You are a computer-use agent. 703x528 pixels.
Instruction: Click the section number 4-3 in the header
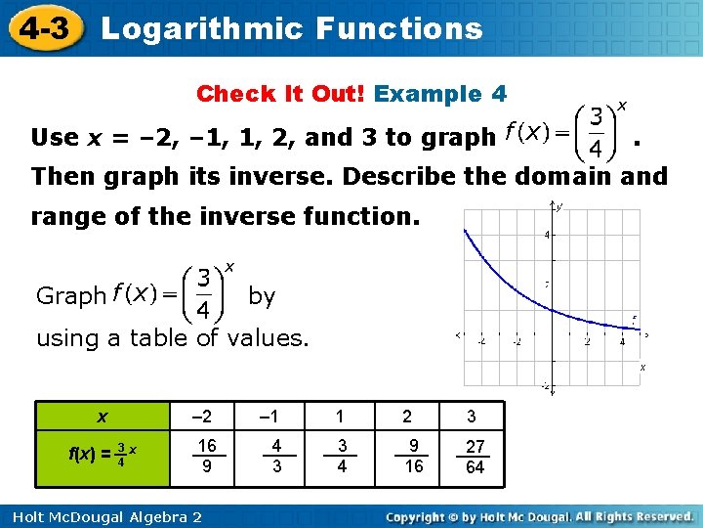[x=42, y=27]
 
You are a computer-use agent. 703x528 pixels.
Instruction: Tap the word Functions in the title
[x=398, y=28]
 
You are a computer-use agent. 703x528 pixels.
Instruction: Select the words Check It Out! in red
[x=281, y=94]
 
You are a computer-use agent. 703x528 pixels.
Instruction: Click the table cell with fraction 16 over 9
[x=207, y=456]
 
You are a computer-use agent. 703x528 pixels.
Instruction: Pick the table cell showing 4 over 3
[x=276, y=456]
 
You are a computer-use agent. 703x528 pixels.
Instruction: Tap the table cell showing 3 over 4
[x=343, y=456]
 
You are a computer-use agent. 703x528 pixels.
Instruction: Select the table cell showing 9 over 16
[x=414, y=456]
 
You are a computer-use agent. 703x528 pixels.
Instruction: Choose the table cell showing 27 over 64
[x=475, y=456]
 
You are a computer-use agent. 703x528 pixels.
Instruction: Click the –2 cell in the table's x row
[x=207, y=417]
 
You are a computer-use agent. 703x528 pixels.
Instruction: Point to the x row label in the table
[x=102, y=417]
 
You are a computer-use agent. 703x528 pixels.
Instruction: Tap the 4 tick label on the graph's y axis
[x=547, y=235]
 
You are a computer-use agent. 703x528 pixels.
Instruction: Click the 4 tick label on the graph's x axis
[x=622, y=341]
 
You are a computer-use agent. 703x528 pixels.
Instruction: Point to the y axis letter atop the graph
[x=558, y=206]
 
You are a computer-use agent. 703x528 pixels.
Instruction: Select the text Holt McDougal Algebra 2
[x=102, y=515]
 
